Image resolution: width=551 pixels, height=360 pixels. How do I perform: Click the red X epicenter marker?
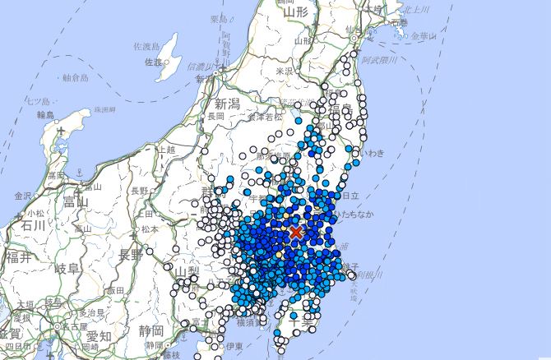(296, 233)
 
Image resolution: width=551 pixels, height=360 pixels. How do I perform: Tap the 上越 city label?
(166, 150)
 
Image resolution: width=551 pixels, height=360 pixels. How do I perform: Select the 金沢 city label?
(24, 196)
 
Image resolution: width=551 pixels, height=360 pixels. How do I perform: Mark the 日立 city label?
(350, 195)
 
